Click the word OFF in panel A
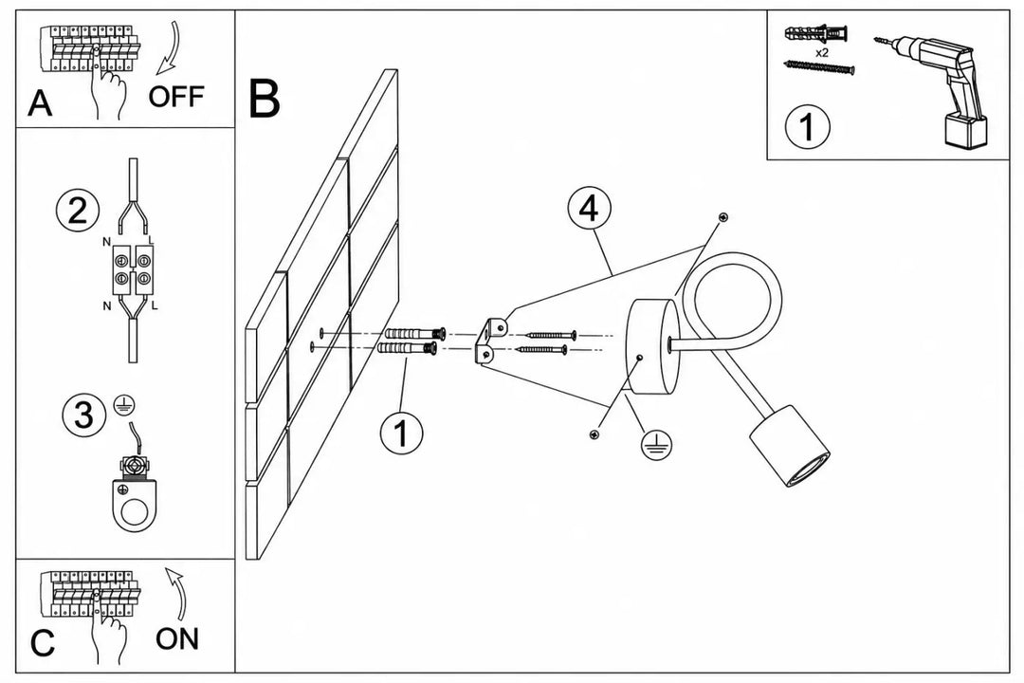click(x=175, y=96)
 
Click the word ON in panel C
click(x=177, y=638)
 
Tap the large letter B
click(x=265, y=99)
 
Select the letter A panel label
click(x=40, y=103)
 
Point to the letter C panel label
click(x=43, y=644)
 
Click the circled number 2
click(x=78, y=211)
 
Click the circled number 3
click(x=83, y=415)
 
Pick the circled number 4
click(x=589, y=209)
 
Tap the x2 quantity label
click(x=821, y=53)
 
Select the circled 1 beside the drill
click(x=807, y=126)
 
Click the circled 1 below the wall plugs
click(x=401, y=432)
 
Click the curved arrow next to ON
click(x=177, y=594)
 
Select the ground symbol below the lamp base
click(x=656, y=445)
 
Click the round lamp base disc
click(x=653, y=346)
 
